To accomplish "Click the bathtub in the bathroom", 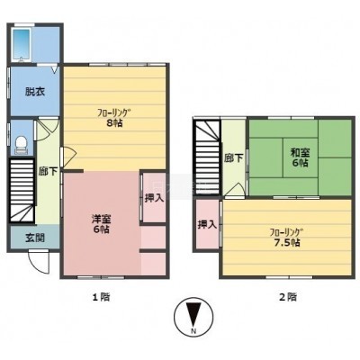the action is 22,45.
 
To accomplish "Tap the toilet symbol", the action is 21,145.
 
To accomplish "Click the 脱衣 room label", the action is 35,92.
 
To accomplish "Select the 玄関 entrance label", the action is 35,238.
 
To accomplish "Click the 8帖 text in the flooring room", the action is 114,123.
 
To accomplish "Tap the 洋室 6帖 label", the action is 101,224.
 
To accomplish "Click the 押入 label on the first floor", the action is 154,198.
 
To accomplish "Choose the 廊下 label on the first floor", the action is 48,171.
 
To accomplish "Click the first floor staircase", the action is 22,191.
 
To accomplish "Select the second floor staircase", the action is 208,157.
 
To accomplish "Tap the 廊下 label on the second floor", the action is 234,158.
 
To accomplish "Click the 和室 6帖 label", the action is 300,157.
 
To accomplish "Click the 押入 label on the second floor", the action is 207,224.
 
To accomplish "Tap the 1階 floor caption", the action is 101,297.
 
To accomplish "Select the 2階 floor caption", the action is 288,297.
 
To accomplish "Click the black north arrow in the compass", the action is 193,314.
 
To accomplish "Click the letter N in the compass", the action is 193,331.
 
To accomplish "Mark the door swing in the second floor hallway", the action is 236,190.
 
